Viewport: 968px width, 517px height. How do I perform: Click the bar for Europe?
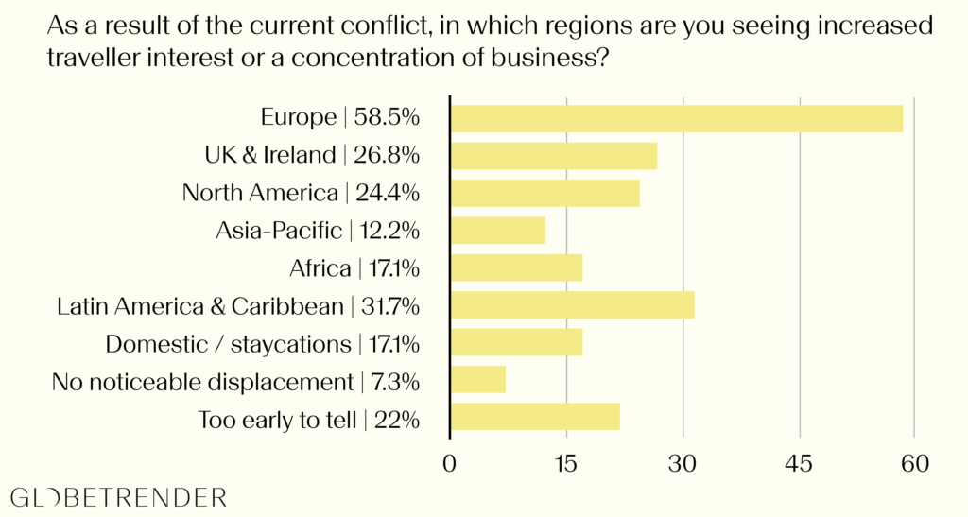677,118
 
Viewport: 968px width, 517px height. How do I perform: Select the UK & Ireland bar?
554,156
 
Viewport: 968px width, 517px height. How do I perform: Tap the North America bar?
545,193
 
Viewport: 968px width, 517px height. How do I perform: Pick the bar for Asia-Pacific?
498,231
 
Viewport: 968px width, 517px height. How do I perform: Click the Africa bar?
517,267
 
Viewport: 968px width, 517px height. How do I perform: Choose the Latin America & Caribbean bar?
573,305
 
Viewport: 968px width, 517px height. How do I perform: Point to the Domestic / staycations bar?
517,342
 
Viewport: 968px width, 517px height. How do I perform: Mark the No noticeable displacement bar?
479,380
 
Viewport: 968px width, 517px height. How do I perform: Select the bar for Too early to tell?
536,417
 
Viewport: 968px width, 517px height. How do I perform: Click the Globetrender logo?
118,497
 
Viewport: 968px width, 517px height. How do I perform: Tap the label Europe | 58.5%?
339,118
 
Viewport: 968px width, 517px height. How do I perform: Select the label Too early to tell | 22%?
308,420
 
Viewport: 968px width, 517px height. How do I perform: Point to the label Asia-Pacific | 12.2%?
317,231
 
